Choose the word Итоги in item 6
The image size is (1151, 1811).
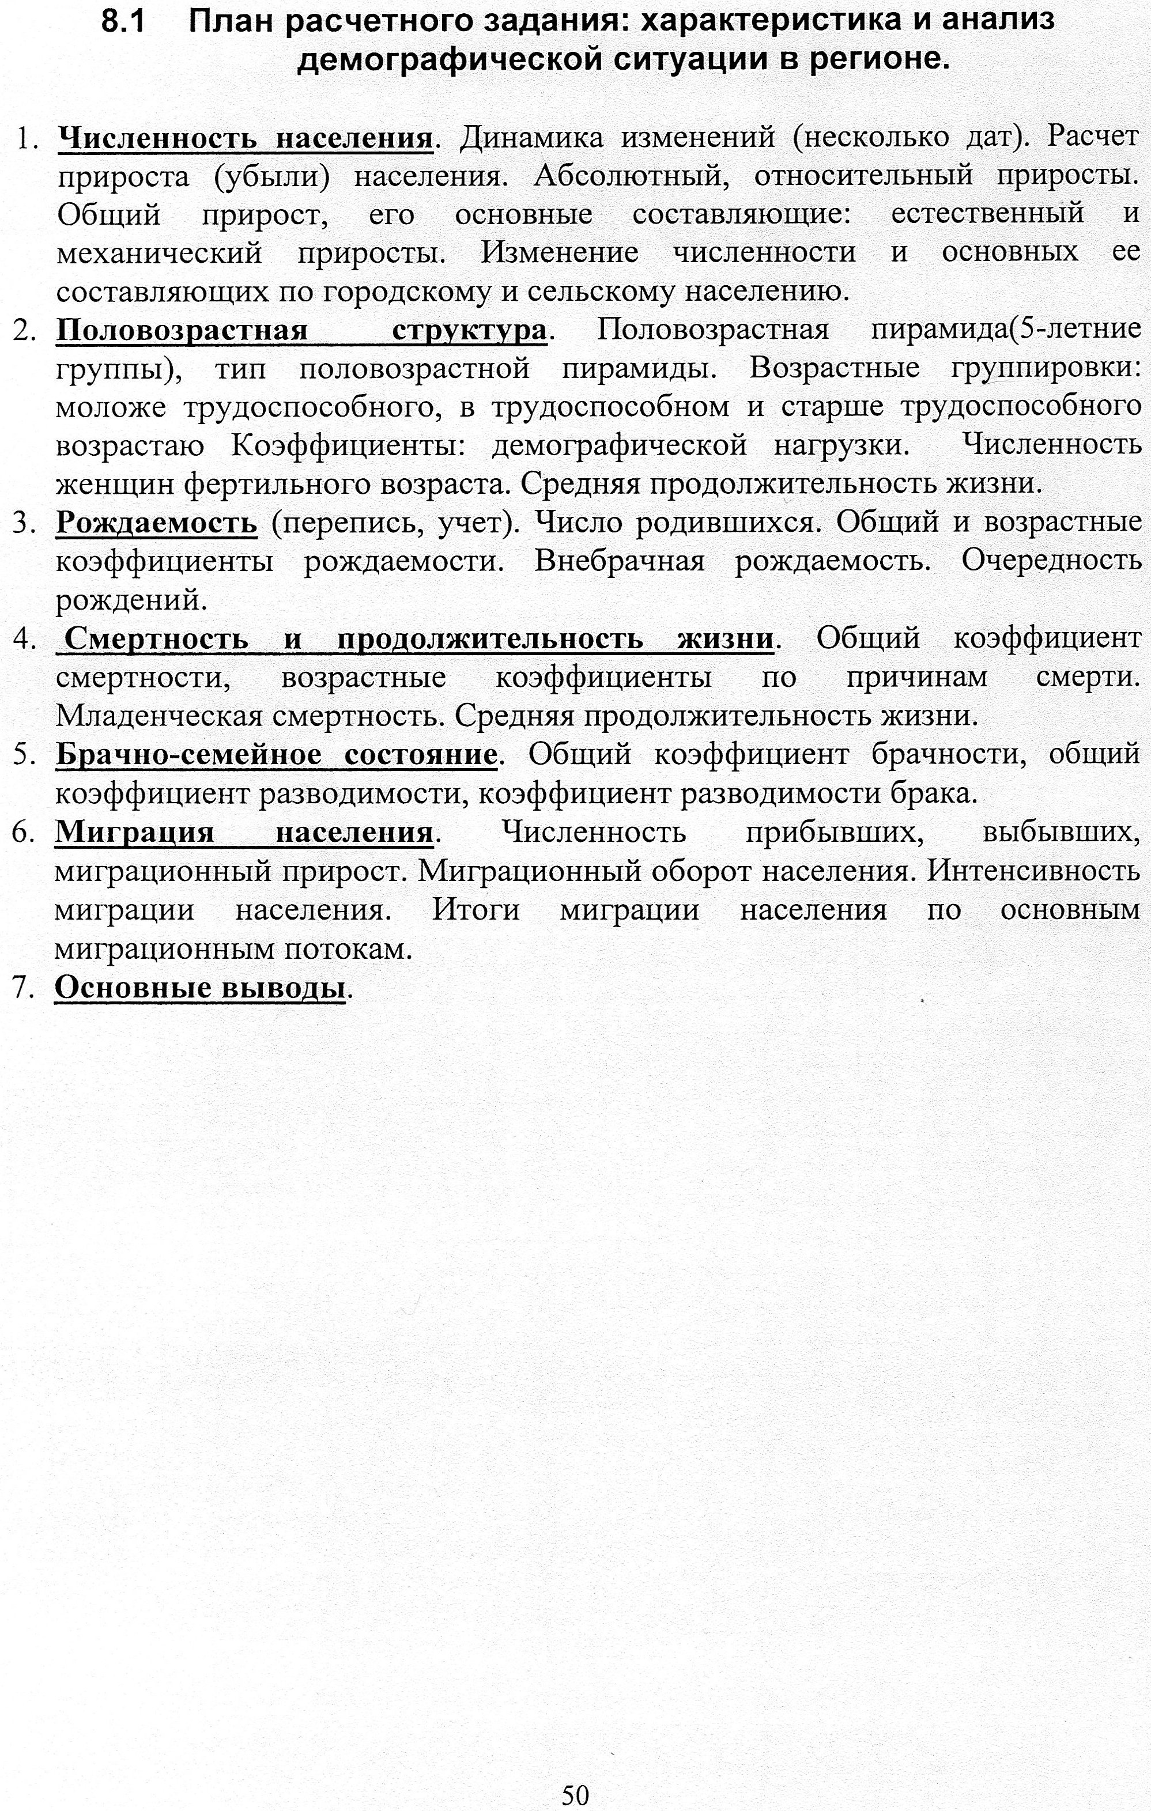(476, 910)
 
